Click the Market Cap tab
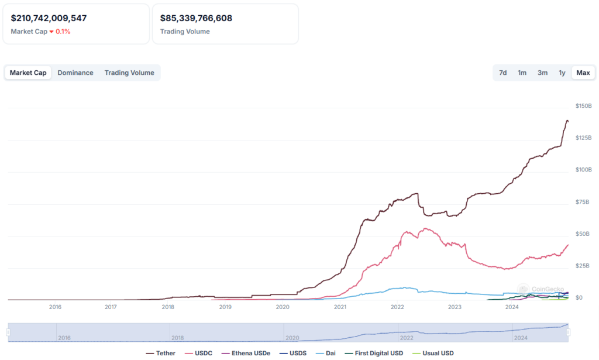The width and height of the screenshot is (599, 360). [x=28, y=73]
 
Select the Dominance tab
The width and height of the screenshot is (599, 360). [x=75, y=73]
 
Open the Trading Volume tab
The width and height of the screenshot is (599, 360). [x=129, y=73]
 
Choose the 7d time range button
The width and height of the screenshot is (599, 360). [x=502, y=73]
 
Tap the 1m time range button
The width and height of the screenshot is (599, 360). [x=522, y=73]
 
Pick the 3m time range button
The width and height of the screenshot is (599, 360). [x=542, y=73]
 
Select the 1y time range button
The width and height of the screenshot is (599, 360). [x=562, y=73]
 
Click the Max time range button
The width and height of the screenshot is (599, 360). [x=583, y=73]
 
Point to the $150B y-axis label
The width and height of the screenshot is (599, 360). [x=584, y=106]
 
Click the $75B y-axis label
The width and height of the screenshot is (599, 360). [x=582, y=202]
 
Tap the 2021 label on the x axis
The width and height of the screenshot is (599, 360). [x=340, y=307]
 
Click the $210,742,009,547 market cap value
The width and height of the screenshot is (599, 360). [x=49, y=18]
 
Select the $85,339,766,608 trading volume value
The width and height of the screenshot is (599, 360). [x=196, y=18]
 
